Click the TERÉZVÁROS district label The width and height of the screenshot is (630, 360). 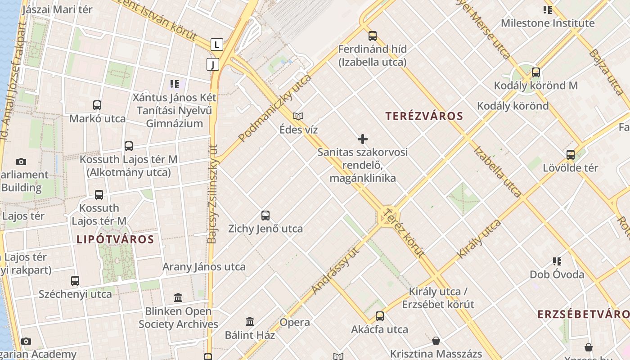pyautogui.click(x=424, y=116)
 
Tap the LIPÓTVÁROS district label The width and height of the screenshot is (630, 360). pyautogui.click(x=115, y=239)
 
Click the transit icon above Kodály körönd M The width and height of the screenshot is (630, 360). pyautogui.click(x=535, y=72)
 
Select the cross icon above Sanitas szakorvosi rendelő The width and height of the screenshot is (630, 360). pyautogui.click(x=362, y=139)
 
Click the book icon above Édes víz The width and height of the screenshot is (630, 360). pyautogui.click(x=298, y=117)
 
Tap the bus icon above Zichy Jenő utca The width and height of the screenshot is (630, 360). pyautogui.click(x=265, y=216)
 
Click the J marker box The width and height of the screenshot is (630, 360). pyautogui.click(x=213, y=64)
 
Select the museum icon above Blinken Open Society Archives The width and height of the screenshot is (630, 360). pyautogui.click(x=178, y=297)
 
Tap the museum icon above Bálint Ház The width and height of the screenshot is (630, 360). pyautogui.click(x=250, y=321)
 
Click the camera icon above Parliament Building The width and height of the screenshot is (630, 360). pyautogui.click(x=21, y=162)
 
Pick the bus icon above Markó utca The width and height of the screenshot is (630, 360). pyautogui.click(x=97, y=105)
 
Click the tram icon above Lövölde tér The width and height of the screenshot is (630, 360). pyautogui.click(x=570, y=155)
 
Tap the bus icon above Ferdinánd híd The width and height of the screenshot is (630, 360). pyautogui.click(x=372, y=36)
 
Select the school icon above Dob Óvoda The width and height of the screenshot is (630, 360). pyautogui.click(x=557, y=261)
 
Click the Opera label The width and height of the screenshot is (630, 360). pyautogui.click(x=295, y=322)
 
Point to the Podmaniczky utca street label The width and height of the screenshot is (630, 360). pyautogui.click(x=275, y=108)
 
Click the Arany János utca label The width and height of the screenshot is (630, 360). pyautogui.click(x=204, y=266)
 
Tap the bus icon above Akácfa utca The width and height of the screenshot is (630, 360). pyautogui.click(x=380, y=316)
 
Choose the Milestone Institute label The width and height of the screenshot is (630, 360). pyautogui.click(x=547, y=23)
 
